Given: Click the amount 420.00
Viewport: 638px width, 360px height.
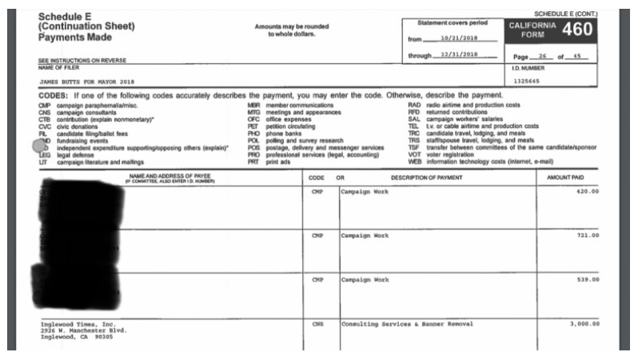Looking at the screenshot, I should point(587,192).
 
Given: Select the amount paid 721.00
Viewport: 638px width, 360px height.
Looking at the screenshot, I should point(587,236).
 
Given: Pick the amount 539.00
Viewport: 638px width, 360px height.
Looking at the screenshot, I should point(587,280).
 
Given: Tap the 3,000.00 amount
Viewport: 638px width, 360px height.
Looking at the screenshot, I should point(584,324).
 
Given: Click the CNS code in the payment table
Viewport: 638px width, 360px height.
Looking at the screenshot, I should point(316,324).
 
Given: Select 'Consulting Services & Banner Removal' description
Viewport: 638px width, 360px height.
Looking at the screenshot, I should point(407,324).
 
